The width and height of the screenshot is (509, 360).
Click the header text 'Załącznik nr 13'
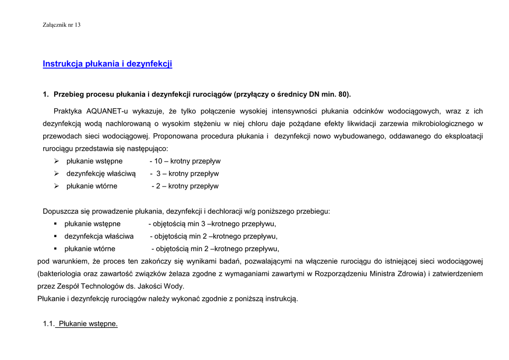coord(62,25)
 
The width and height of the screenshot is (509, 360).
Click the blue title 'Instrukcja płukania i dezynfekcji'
coord(107,64)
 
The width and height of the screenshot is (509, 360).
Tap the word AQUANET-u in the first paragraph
coord(107,111)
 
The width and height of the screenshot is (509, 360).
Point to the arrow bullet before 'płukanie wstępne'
coord(57,161)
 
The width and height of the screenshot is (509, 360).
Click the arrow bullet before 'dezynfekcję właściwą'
coord(57,174)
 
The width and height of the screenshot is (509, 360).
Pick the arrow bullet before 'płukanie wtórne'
coord(57,186)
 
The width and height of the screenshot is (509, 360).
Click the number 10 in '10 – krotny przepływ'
coord(158,161)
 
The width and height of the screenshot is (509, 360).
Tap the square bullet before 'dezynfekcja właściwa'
coord(56,236)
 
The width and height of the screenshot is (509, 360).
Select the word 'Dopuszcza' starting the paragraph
coord(60,211)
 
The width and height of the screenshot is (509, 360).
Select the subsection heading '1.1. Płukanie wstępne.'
coord(81,324)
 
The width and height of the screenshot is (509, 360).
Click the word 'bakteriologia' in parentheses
coord(60,273)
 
